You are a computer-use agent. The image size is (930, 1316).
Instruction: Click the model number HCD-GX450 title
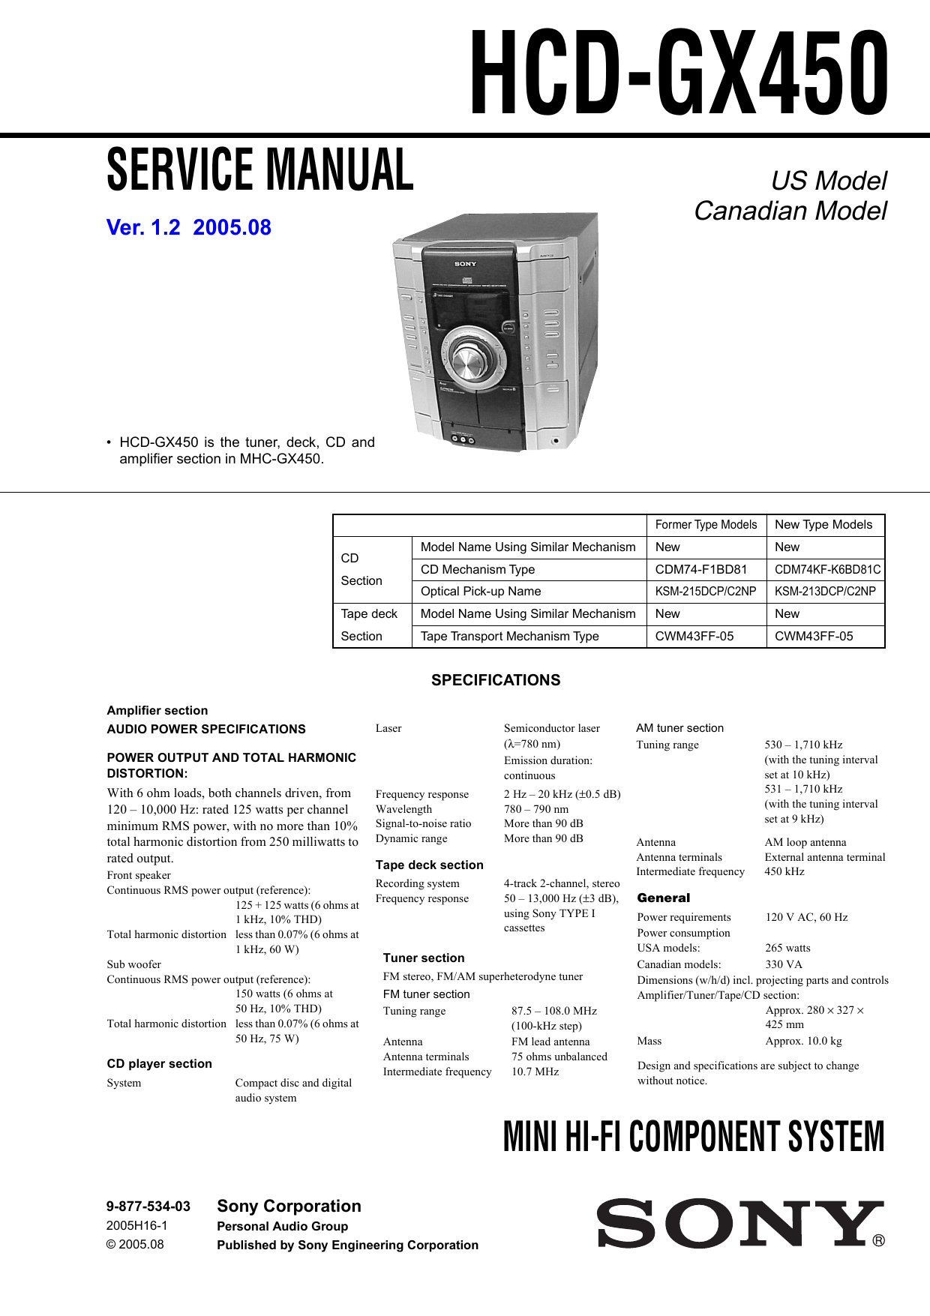(679, 73)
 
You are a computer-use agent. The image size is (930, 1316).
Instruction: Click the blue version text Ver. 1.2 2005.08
(188, 227)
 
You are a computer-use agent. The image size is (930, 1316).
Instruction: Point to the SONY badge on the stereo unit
(465, 264)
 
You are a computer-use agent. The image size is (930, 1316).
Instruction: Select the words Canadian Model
(790, 211)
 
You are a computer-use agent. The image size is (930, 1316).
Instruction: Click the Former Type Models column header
(706, 525)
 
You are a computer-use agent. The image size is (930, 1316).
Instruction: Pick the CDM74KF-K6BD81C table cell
(826, 569)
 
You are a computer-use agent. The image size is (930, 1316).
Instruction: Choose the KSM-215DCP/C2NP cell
(706, 591)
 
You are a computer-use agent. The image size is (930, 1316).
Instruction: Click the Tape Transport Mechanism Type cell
(510, 636)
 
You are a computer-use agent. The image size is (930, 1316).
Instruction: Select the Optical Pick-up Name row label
(481, 591)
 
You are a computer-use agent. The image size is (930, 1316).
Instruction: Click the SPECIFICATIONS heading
(496, 680)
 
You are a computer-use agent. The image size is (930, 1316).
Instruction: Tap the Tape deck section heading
(429, 865)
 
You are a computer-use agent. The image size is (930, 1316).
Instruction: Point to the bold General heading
(663, 898)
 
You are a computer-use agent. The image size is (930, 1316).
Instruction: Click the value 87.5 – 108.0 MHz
(554, 1011)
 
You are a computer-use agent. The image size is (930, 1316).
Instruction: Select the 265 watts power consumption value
(787, 948)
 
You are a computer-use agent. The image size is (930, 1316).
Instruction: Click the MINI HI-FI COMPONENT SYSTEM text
(694, 1137)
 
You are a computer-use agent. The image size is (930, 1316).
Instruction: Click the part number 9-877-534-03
(148, 1207)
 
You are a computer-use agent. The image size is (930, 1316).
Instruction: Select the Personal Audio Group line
(283, 1226)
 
